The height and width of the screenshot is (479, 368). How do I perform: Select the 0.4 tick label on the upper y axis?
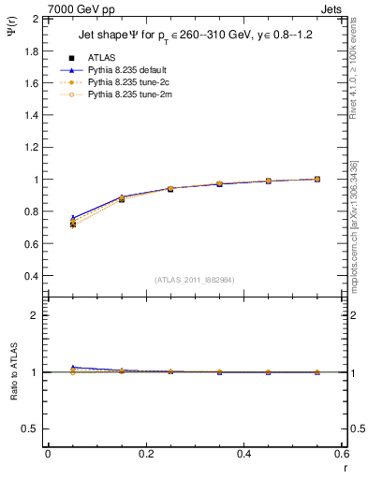click(31, 277)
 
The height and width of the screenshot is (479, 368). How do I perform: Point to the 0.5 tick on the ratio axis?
click(31, 428)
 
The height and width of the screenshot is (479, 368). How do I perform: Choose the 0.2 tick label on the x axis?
click(145, 454)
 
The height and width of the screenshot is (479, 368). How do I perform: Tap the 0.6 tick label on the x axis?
click(341, 454)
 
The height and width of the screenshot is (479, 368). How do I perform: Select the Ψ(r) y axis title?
click(11, 34)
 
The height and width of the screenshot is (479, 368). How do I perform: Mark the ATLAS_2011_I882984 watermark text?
click(195, 280)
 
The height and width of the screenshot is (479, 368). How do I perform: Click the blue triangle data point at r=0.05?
click(73, 217)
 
